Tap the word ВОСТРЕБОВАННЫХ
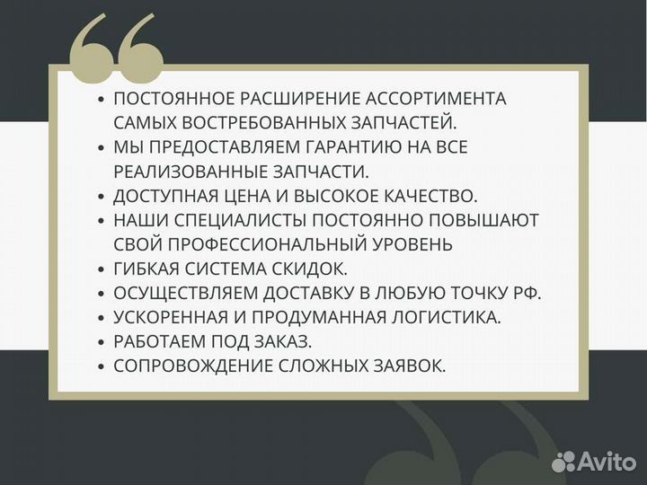[248, 123]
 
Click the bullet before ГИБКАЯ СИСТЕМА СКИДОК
[102, 269]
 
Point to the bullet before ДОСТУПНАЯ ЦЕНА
[102, 196]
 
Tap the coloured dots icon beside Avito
[564, 462]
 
